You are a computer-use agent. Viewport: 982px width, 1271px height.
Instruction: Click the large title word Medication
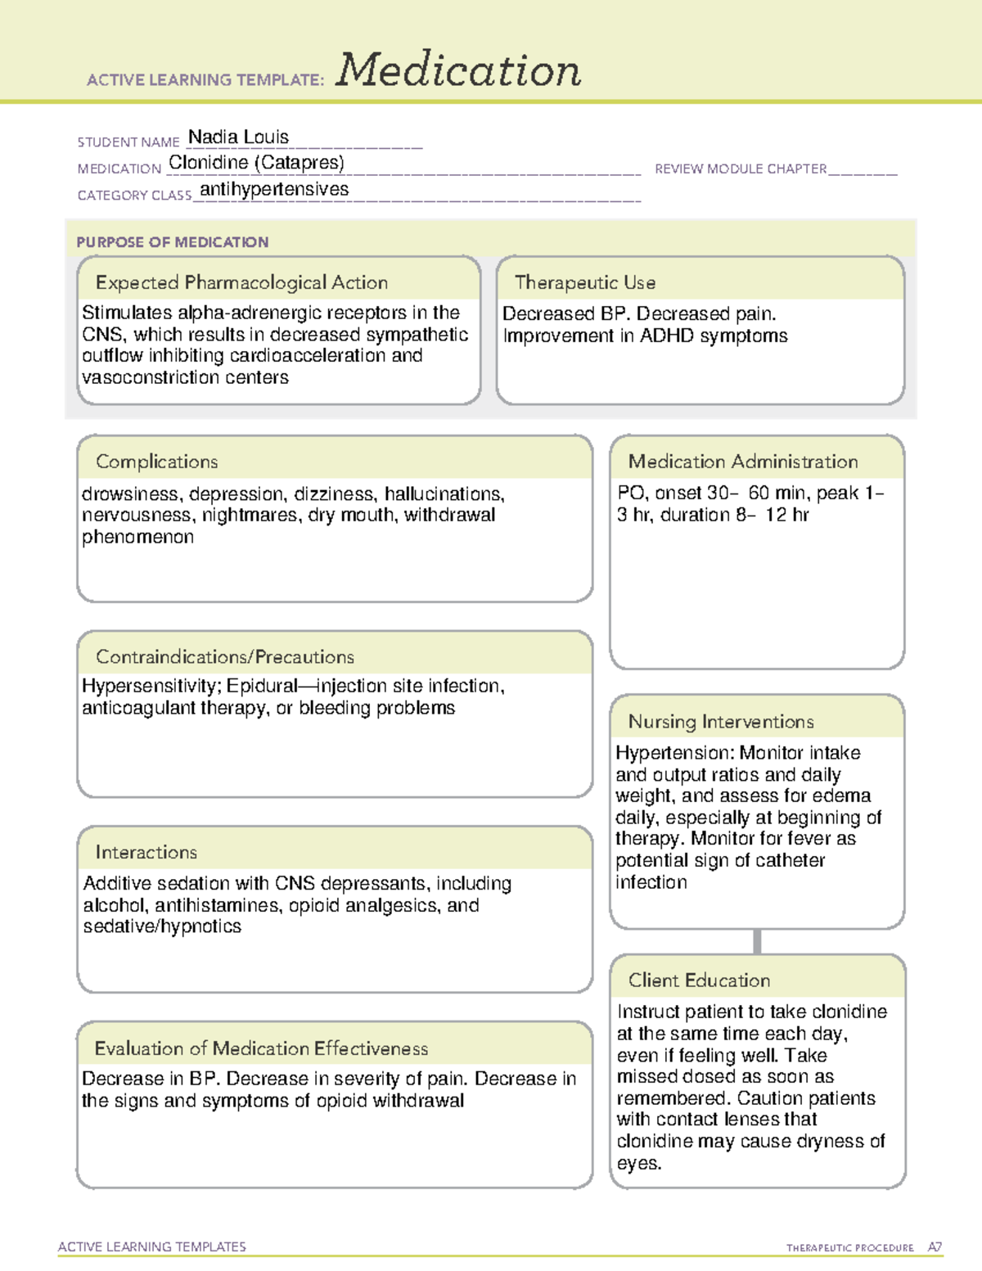[x=458, y=70]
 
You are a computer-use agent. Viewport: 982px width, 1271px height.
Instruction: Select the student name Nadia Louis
[x=238, y=137]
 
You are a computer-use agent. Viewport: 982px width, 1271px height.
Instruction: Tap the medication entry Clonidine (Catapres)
[x=256, y=163]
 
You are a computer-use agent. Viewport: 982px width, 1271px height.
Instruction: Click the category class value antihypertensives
[x=274, y=189]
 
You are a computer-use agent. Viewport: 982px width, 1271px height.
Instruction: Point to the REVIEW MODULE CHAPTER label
[x=741, y=169]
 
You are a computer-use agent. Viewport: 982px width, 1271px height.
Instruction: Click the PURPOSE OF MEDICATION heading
[x=172, y=242]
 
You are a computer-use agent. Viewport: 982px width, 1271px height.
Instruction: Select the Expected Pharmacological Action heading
[x=241, y=282]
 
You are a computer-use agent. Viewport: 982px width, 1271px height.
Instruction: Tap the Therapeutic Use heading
[x=585, y=282]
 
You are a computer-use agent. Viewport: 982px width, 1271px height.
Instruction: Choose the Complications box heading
[x=156, y=462]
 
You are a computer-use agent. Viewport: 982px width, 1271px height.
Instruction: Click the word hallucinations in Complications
[x=444, y=494]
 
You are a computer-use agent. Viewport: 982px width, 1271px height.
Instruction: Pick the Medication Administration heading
[x=742, y=462]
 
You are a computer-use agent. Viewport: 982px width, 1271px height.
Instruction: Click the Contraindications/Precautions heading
[x=225, y=656]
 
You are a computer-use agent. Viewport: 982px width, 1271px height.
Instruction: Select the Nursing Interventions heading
[x=721, y=721]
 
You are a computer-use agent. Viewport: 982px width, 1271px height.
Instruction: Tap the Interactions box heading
[x=146, y=852]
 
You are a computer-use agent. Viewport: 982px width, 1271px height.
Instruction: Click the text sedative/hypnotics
[x=162, y=926]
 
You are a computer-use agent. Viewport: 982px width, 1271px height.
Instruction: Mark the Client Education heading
[x=699, y=980]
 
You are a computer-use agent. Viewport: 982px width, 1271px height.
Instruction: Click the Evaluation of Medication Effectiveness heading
[x=261, y=1048]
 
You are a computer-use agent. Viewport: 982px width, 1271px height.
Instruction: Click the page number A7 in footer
[x=935, y=1247]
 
